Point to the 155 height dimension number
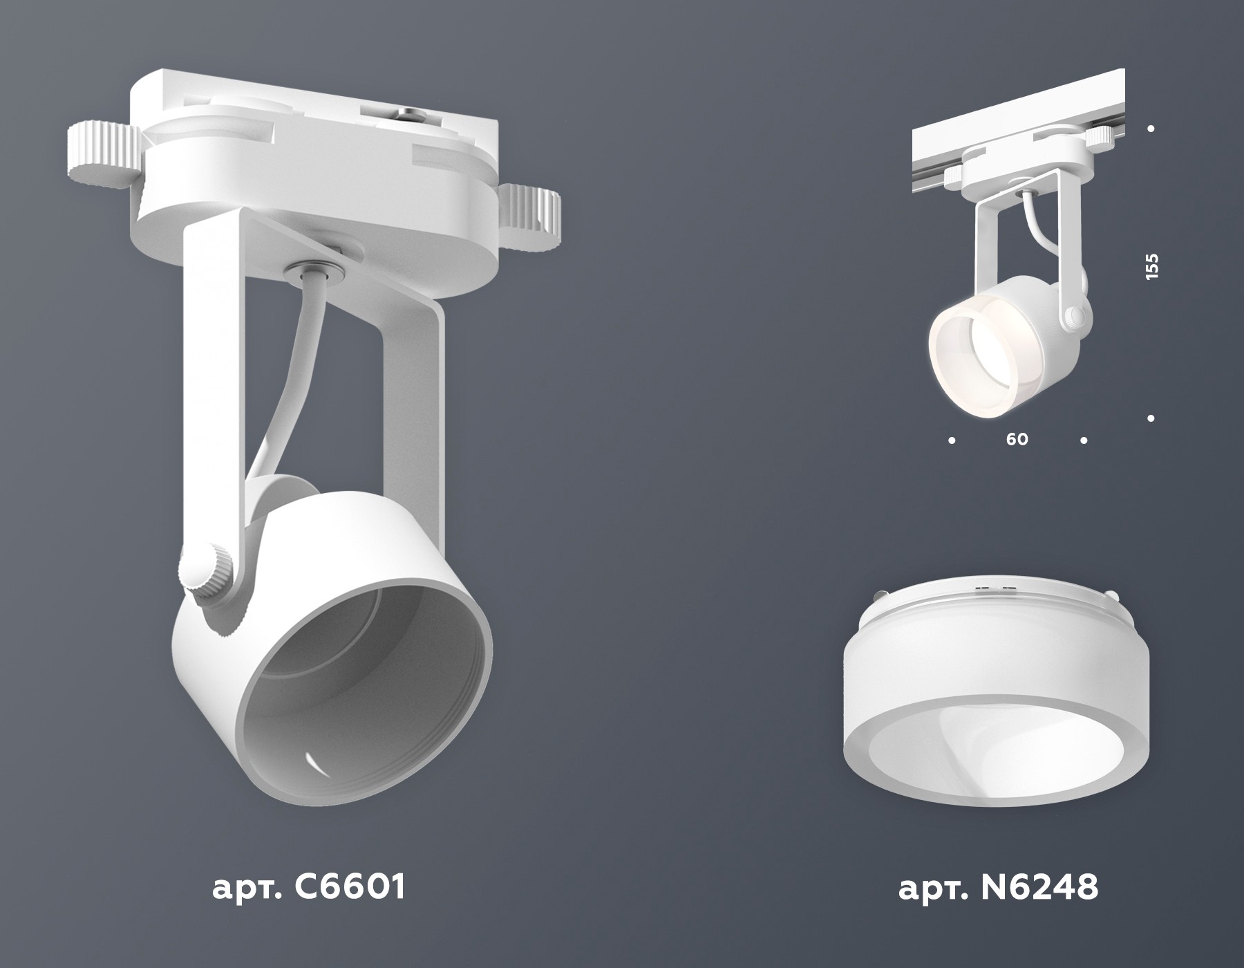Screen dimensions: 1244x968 coord(1151,267)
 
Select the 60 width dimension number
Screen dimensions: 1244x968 coord(1017,439)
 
